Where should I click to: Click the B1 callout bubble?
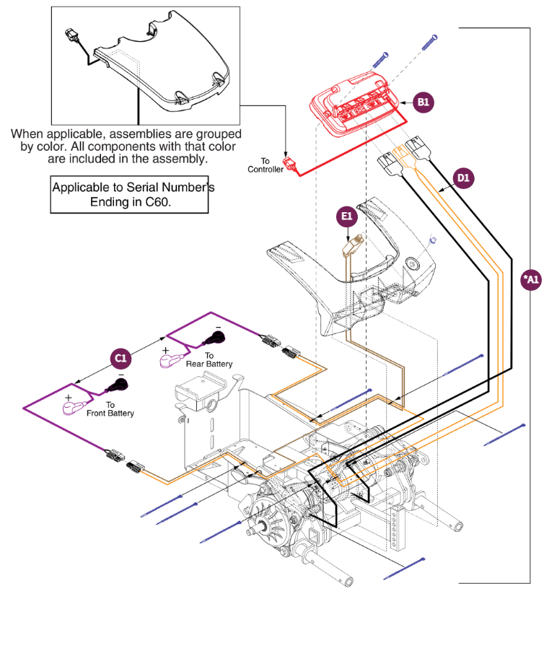(424, 102)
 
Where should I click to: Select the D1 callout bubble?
(463, 177)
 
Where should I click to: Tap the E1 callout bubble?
(347, 216)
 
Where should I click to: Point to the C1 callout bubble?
(120, 357)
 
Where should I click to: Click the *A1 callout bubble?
(530, 279)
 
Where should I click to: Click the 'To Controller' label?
(265, 165)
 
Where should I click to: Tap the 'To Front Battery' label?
(110, 409)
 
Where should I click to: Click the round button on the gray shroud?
(411, 265)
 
